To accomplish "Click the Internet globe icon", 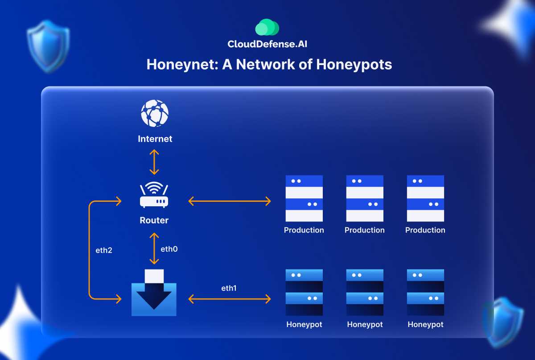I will pos(155,114).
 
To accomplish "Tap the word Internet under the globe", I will pos(155,139).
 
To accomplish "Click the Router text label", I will pos(154,220).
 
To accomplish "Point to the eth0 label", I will pos(169,249).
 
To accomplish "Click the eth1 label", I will pos(229,288).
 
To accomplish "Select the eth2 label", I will pos(103,250).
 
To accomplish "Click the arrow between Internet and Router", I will pos(154,162).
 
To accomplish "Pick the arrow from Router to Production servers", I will pos(230,201).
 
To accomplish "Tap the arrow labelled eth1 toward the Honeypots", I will pos(230,299).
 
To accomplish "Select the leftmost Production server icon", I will pos(304,198).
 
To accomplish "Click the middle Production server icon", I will pos(365,198).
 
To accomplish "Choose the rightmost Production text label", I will pos(425,230).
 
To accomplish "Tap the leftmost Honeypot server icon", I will pos(304,292).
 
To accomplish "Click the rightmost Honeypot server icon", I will pos(425,292).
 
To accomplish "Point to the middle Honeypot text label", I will pos(365,324).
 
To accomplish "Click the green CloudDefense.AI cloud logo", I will pos(267,28).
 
